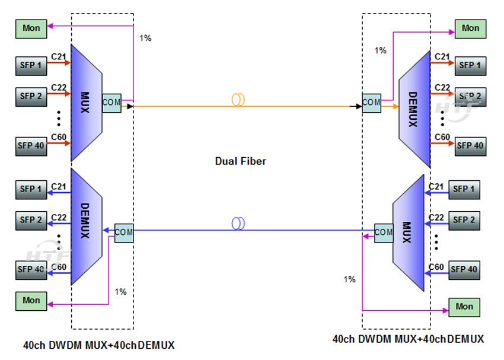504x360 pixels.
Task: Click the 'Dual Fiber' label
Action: (x=240, y=161)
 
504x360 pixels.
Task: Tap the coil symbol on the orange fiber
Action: (x=238, y=100)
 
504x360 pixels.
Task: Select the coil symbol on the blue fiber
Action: (x=238, y=224)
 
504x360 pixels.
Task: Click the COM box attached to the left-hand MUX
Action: (x=111, y=103)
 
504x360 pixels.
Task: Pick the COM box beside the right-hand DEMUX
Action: (x=371, y=102)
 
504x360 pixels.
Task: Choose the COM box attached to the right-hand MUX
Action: (x=384, y=232)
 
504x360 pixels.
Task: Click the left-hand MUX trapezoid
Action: (x=85, y=102)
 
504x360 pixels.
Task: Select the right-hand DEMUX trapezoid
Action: (x=413, y=109)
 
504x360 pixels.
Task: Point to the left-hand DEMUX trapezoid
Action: (x=85, y=227)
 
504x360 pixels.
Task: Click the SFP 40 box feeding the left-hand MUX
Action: (x=31, y=145)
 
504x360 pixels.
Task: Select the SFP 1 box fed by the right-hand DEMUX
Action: (x=470, y=65)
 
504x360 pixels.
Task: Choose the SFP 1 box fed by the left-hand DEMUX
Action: (x=31, y=189)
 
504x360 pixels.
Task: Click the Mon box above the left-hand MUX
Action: (x=31, y=28)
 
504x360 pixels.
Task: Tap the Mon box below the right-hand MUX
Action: (x=464, y=307)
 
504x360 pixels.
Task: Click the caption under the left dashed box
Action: (x=99, y=345)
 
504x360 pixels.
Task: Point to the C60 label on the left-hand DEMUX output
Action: (x=58, y=267)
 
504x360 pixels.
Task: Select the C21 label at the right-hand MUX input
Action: (x=436, y=187)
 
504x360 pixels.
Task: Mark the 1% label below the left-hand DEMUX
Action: (x=120, y=292)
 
